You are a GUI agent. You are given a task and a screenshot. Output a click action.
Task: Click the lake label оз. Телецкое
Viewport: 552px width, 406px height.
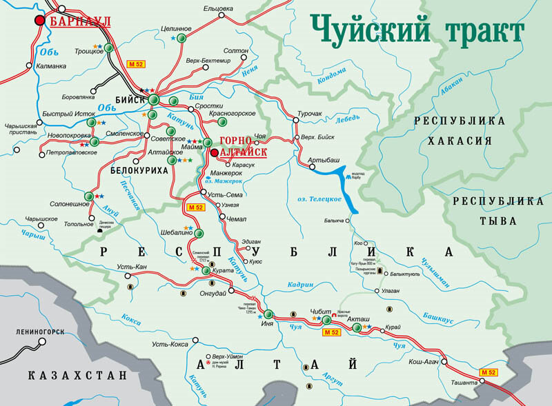coord(319,199)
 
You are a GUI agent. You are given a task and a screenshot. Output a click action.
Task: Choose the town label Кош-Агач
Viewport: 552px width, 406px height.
coord(425,361)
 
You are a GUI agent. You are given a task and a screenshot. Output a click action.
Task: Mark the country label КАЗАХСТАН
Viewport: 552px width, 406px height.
coord(77,376)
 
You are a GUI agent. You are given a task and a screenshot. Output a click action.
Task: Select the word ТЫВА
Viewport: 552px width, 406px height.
coord(498,221)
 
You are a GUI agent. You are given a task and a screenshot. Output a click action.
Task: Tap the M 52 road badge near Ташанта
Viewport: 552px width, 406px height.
coord(489,372)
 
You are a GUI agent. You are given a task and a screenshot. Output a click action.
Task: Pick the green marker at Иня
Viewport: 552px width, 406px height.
coord(269,313)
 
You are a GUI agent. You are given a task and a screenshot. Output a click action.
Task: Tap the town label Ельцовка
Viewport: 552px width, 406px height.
coord(219,8)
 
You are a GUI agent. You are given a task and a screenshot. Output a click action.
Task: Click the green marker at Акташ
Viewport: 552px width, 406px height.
coord(357,328)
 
